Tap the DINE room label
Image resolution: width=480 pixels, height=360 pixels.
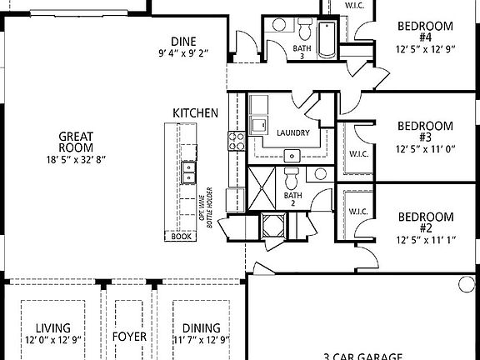click(183, 41)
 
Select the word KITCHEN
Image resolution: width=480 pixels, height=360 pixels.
click(195, 112)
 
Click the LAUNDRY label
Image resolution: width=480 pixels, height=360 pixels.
click(292, 132)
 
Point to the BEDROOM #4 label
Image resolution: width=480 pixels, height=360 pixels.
click(425, 32)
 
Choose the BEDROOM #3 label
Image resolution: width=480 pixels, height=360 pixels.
click(425, 132)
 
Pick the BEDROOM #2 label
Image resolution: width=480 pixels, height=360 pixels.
click(425, 222)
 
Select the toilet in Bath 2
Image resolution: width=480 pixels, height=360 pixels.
click(292, 178)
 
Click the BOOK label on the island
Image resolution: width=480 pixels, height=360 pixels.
click(181, 237)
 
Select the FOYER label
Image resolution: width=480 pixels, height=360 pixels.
click(130, 337)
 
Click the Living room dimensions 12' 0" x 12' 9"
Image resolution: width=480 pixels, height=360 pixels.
click(52, 340)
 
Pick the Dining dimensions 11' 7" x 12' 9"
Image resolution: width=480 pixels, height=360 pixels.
click(201, 340)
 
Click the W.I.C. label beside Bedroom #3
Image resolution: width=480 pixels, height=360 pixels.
click(358, 153)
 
